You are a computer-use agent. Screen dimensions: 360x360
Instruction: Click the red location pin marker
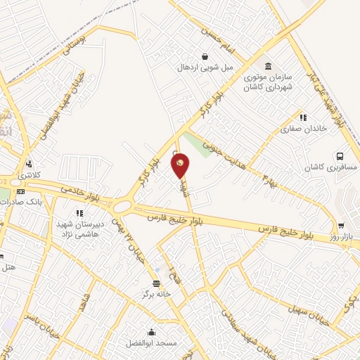point(180,166)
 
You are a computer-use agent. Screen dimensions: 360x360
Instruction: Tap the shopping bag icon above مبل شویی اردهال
point(205,57)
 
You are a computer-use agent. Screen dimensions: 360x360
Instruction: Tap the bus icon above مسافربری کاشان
point(340,156)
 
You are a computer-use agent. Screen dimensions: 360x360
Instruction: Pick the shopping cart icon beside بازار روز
point(341,226)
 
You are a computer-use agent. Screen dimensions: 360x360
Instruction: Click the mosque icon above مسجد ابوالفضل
point(151,333)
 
